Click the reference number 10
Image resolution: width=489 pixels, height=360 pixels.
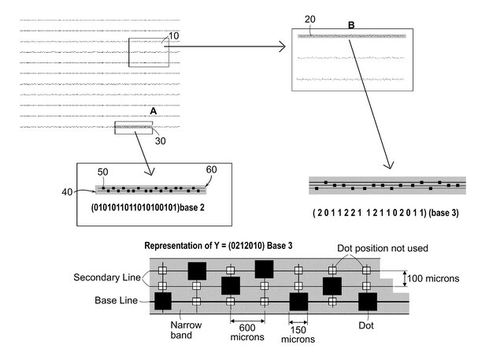(174, 36)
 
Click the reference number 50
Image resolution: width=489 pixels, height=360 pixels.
(103, 172)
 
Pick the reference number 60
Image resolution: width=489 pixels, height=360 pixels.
(211, 170)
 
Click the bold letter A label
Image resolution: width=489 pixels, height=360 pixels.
(154, 113)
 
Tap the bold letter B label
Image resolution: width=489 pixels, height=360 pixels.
(351, 25)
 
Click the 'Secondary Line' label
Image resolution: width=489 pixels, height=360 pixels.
(106, 278)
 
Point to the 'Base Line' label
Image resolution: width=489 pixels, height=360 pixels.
(117, 300)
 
